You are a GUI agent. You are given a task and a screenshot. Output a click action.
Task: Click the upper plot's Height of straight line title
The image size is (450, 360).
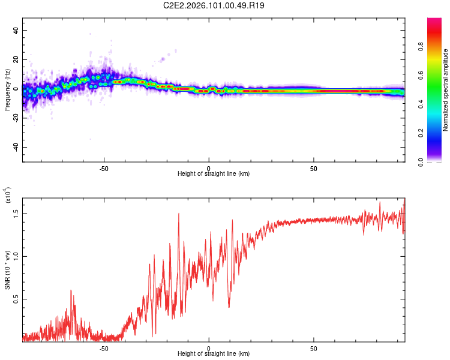(214, 173)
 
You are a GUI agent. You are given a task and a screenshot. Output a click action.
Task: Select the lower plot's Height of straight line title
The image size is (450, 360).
(214, 353)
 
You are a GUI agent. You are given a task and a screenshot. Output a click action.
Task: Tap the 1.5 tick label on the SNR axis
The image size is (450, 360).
(16, 213)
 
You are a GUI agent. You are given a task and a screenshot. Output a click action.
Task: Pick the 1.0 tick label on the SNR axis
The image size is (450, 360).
(16, 256)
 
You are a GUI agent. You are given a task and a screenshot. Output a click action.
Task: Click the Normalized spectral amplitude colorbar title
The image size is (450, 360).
(446, 90)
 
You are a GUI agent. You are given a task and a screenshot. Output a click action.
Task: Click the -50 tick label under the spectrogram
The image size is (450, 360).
(103, 167)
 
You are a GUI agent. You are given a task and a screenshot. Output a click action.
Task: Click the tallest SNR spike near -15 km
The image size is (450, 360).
(178, 214)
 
